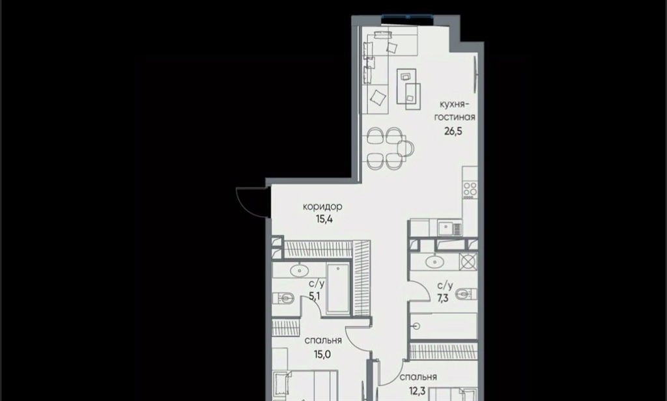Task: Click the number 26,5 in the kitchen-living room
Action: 453,131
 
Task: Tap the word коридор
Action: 322,207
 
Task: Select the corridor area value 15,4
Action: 324,219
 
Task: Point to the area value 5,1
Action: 315,296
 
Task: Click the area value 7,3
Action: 443,298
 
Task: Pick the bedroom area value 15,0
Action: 322,354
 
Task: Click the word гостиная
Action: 455,117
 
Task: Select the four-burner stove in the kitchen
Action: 470,189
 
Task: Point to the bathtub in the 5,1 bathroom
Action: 338,289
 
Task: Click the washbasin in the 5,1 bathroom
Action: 300,270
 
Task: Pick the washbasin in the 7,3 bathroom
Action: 434,262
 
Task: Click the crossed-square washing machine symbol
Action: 468,262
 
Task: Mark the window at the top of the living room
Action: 408,17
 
